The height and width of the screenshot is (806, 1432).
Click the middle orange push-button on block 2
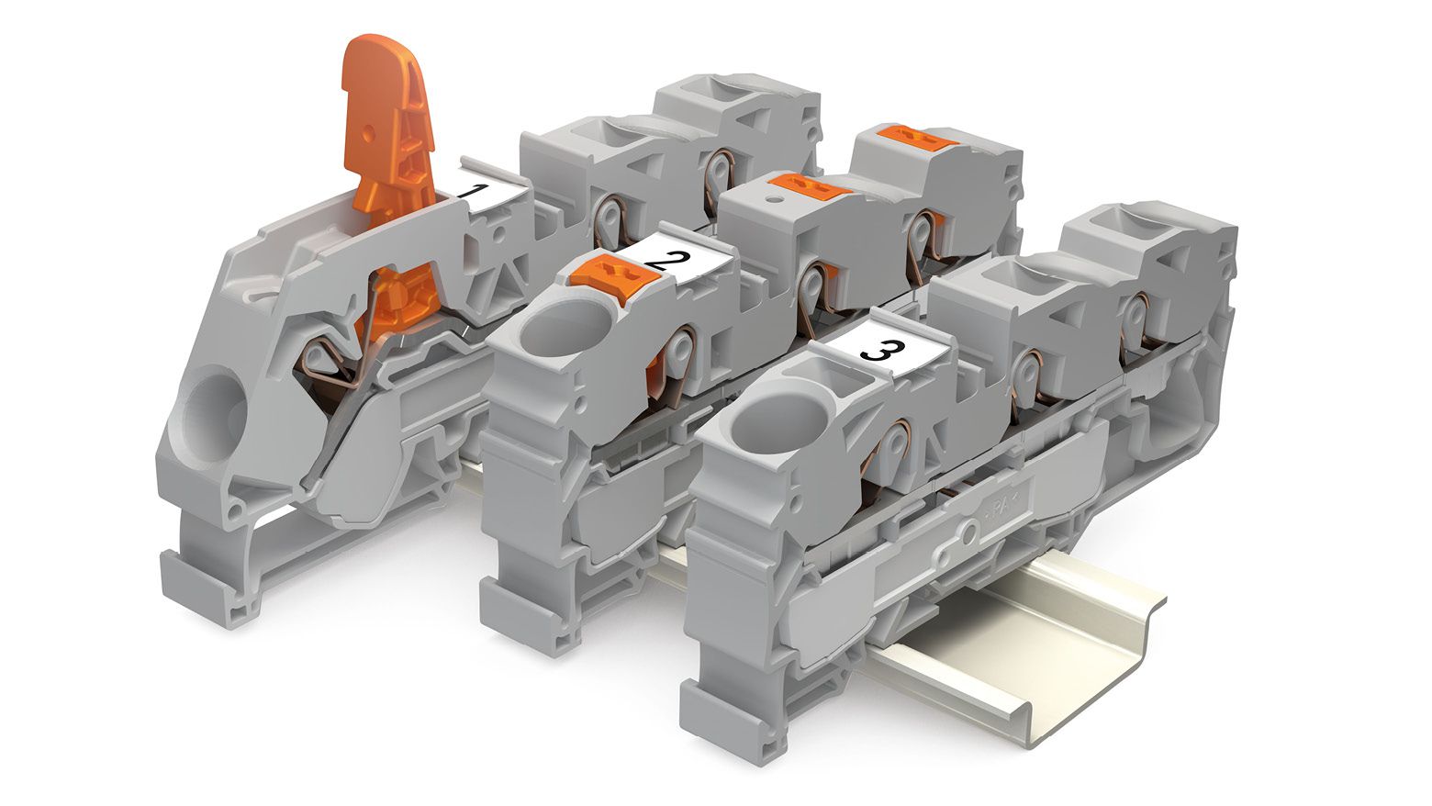pos(809,185)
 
